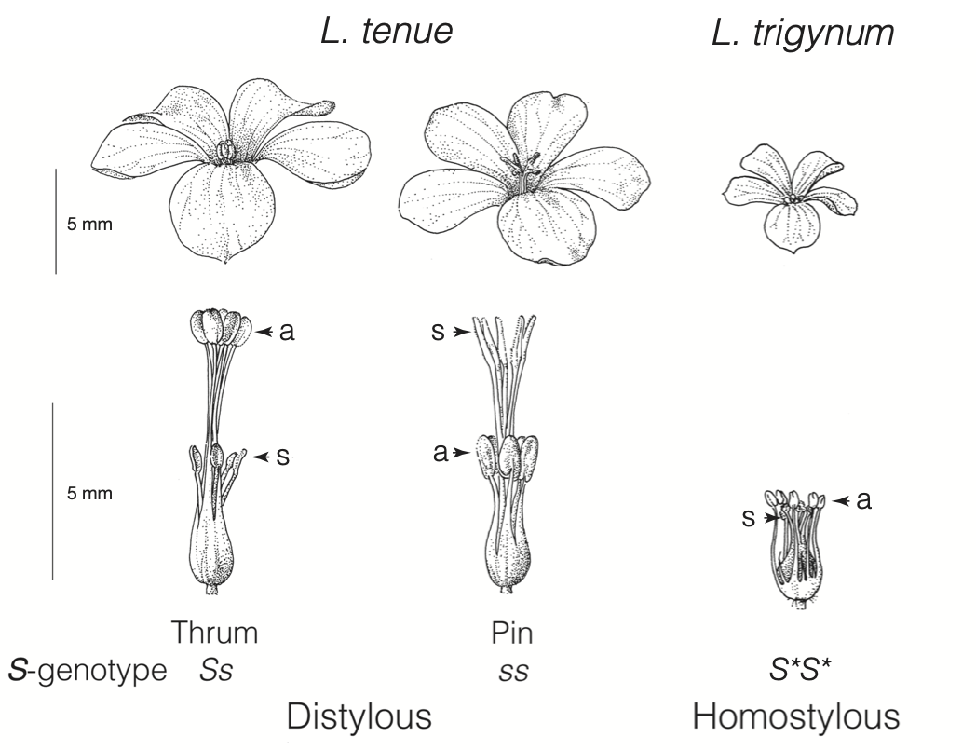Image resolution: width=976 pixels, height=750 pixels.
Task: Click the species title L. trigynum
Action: (802, 34)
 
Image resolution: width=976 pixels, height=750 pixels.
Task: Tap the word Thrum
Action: (214, 633)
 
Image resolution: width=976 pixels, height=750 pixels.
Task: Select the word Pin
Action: (511, 634)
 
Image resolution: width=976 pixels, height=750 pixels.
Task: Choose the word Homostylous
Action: (796, 716)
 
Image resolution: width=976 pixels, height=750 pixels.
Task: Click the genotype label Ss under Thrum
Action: (214, 670)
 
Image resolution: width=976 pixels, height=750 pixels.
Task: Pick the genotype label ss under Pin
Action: (511, 671)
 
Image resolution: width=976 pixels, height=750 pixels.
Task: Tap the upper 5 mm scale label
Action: (89, 224)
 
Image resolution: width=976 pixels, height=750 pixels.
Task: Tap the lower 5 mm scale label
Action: (89, 493)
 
